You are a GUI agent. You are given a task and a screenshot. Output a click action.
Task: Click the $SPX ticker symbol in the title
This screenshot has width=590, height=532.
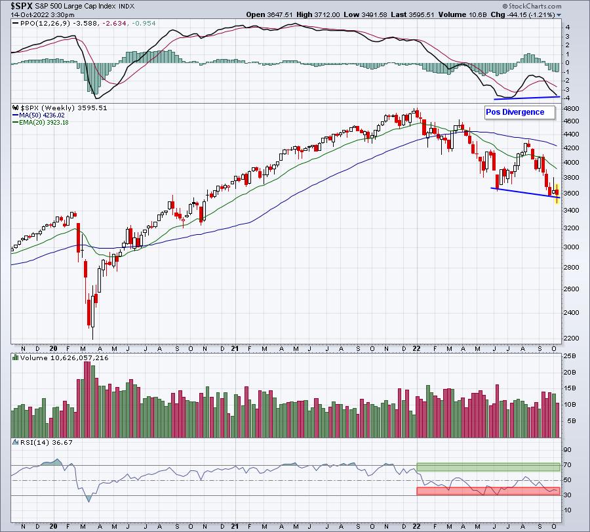(22, 6)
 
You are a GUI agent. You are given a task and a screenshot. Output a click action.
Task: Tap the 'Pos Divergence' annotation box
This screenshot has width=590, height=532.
(520, 113)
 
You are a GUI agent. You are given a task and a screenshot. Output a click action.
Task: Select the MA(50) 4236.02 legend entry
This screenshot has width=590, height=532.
(39, 115)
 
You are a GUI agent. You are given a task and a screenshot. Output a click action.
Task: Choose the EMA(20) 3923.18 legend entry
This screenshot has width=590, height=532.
(41, 123)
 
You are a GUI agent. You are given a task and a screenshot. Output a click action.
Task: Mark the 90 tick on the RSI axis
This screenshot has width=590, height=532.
(567, 450)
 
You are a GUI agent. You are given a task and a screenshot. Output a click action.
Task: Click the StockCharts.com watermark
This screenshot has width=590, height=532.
(532, 6)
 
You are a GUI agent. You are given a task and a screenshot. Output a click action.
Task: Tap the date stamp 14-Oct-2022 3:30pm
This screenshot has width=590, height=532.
(43, 14)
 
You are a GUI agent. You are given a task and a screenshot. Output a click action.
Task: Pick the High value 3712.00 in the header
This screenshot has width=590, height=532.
(318, 14)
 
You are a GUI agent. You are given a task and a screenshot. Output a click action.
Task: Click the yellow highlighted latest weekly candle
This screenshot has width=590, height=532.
(557, 194)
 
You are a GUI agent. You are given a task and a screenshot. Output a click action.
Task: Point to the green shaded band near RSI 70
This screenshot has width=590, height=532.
(488, 467)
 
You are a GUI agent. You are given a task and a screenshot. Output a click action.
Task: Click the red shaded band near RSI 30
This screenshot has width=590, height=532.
(488, 491)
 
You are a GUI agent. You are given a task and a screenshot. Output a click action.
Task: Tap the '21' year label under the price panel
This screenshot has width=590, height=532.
(235, 348)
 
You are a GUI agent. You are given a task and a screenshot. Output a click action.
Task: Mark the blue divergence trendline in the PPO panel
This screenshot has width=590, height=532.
(527, 98)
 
